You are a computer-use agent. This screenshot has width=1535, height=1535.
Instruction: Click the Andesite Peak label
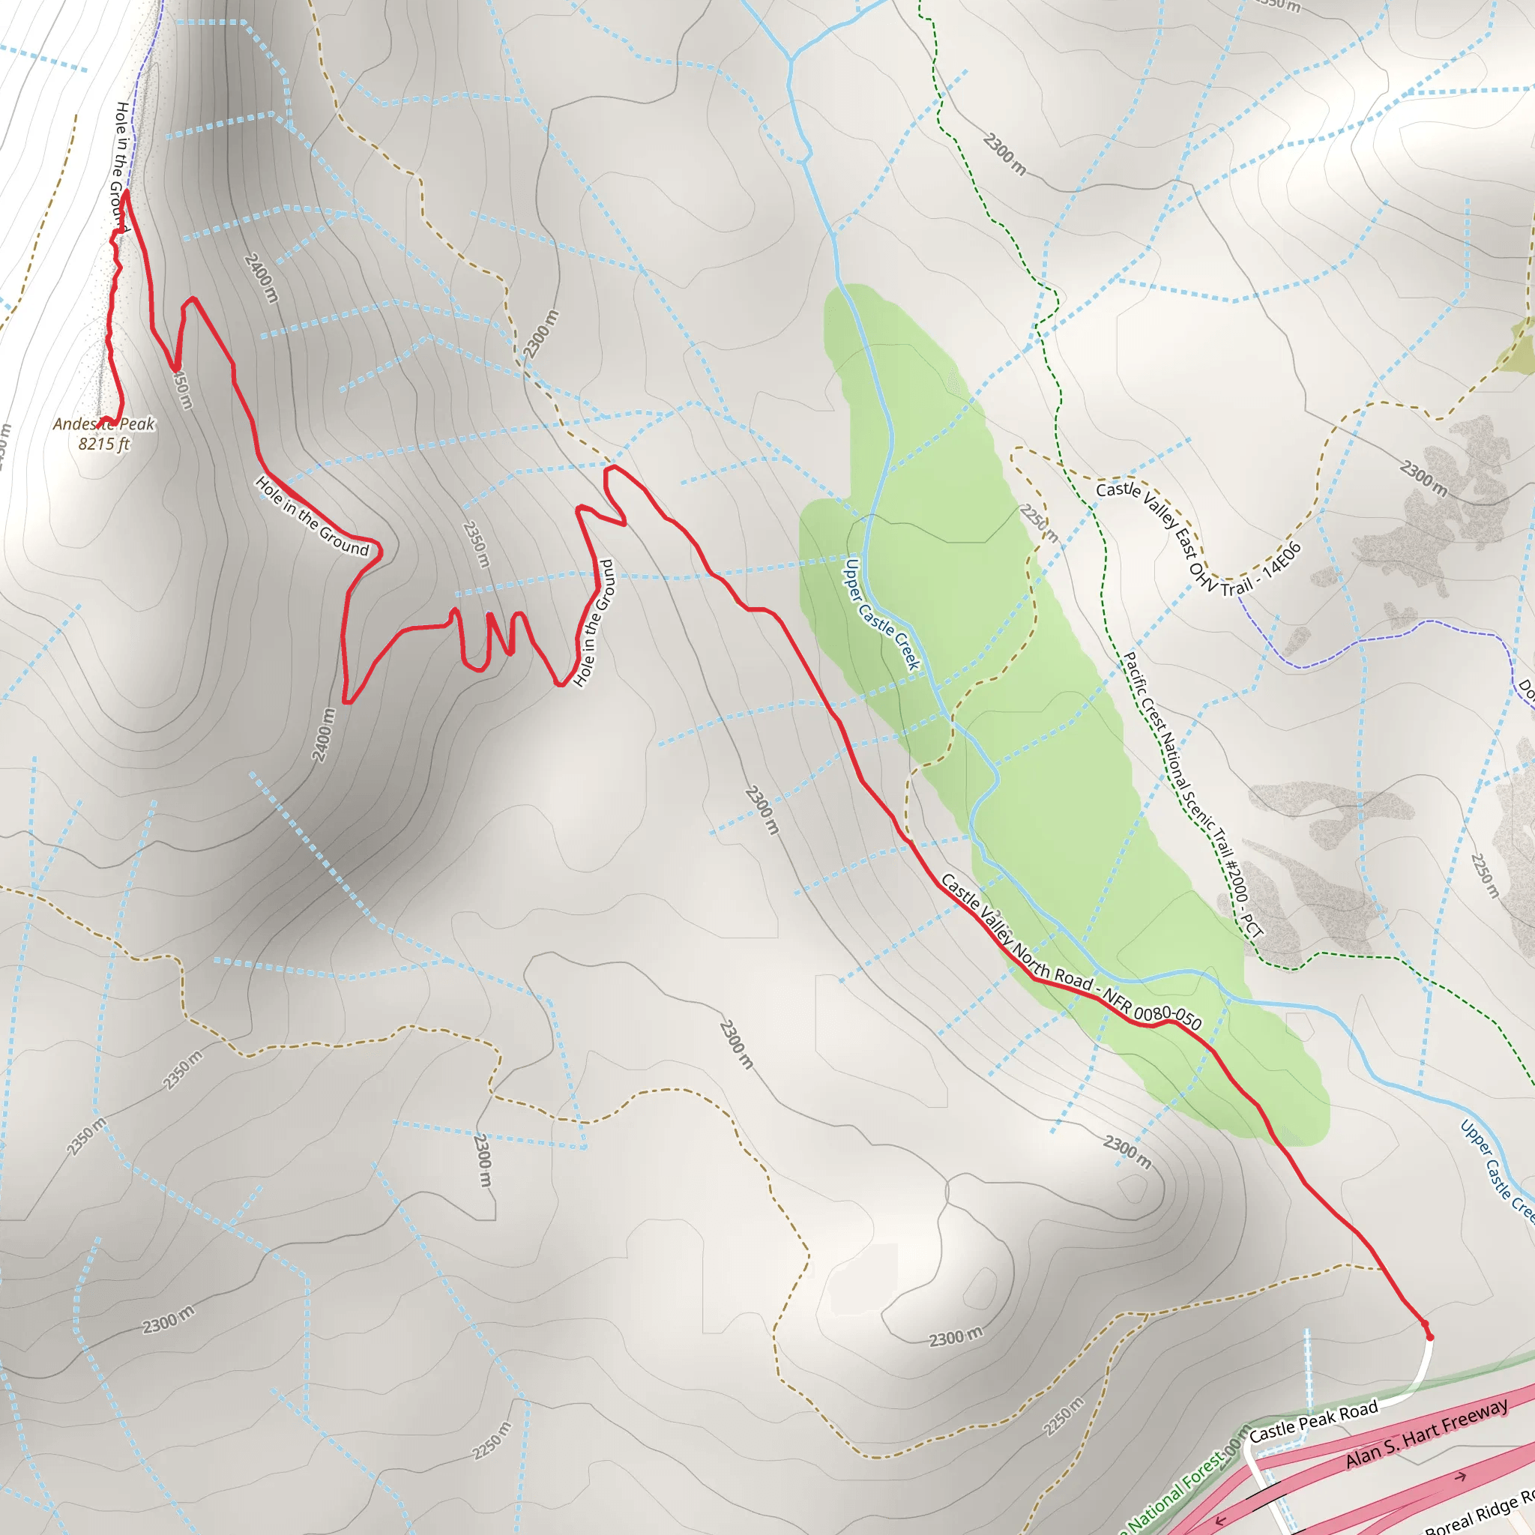point(103,424)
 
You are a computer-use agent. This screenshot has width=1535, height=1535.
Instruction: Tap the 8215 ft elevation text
point(103,444)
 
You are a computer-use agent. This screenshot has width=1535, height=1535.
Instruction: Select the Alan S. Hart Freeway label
point(1426,1432)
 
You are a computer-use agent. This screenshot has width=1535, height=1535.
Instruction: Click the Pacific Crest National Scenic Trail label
point(1192,795)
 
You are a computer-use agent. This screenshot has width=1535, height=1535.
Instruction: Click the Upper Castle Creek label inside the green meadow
point(881,614)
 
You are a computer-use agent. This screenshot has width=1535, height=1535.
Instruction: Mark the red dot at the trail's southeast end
point(1430,1337)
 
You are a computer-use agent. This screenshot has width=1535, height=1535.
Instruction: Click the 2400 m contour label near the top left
point(262,277)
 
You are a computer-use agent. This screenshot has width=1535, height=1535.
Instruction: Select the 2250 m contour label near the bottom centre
point(492,1441)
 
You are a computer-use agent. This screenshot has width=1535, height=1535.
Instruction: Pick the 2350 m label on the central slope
point(475,544)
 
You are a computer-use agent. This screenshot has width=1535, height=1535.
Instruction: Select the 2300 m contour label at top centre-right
point(1004,154)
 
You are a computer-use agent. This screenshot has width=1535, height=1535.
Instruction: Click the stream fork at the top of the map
point(791,58)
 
